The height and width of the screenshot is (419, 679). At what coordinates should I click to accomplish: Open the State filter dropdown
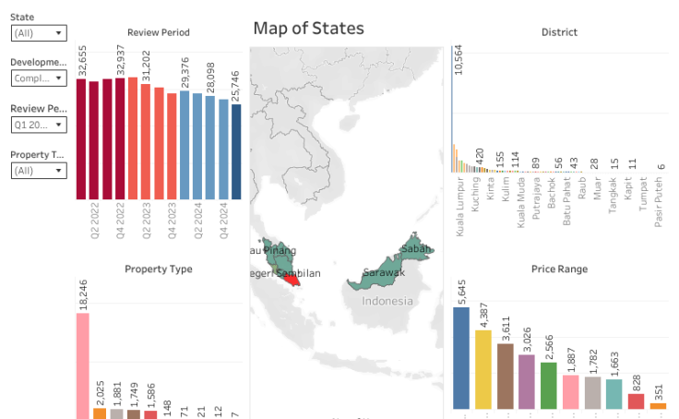point(39,32)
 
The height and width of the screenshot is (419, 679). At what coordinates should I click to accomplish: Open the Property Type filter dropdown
point(39,171)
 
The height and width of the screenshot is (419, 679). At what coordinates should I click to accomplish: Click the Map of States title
point(308,29)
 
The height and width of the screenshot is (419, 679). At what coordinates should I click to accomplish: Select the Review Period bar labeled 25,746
point(236,151)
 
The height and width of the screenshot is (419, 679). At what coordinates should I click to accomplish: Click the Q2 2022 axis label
point(94,221)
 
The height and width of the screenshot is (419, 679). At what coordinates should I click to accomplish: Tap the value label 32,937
point(120,59)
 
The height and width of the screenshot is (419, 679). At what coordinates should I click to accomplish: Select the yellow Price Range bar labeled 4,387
point(483,369)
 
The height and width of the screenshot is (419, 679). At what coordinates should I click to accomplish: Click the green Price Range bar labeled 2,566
point(548,385)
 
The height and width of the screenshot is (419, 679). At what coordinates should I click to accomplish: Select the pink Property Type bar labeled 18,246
point(83,365)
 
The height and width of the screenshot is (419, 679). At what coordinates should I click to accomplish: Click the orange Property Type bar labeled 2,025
point(100,413)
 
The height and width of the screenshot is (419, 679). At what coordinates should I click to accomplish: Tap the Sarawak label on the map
point(383,272)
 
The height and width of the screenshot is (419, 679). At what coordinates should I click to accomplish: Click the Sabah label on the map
point(416,248)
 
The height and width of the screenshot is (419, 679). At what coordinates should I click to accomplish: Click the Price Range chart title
point(559,269)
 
